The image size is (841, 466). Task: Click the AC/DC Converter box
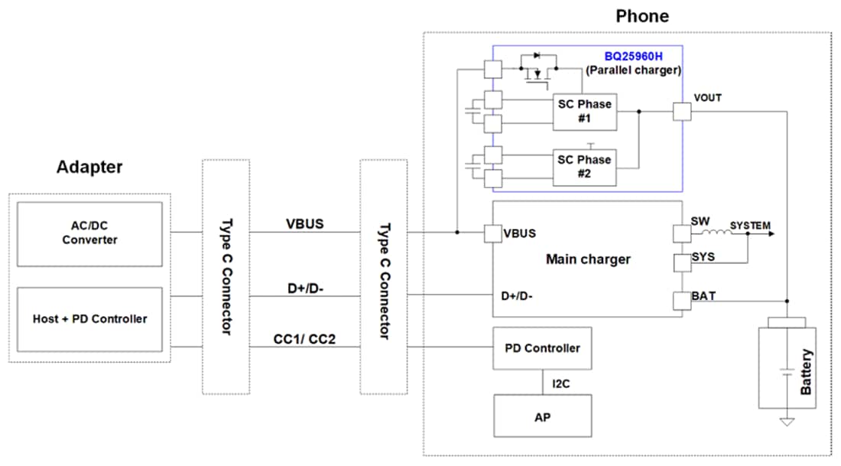coord(89,233)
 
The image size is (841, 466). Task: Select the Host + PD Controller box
coord(89,318)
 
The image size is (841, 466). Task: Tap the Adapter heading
coord(89,167)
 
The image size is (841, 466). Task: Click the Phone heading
coord(641,16)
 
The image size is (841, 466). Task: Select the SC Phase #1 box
coord(585,112)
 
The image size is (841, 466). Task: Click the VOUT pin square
coord(681,112)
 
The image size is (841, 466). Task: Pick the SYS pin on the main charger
coord(681,263)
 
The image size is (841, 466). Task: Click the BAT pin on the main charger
coord(681,301)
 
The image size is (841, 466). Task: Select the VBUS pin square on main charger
coord(493,233)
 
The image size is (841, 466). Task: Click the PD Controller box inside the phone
coord(541,348)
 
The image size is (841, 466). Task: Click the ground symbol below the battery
coord(786,421)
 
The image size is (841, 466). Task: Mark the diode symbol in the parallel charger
coord(535,55)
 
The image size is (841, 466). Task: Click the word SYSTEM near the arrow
coord(750,226)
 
